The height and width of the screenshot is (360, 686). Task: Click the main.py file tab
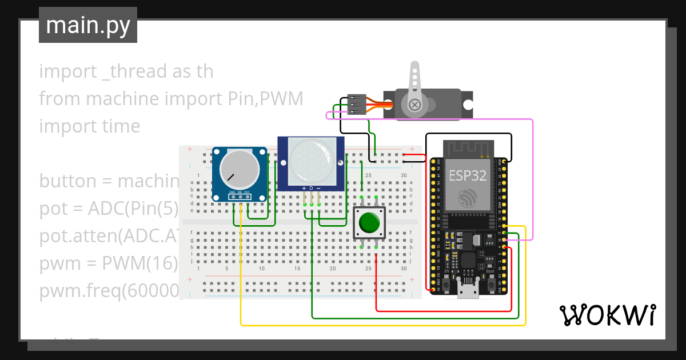click(87, 25)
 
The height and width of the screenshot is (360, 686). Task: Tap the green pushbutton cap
click(370, 222)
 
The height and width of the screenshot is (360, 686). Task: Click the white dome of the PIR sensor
click(311, 159)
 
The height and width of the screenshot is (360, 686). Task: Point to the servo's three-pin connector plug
click(355, 105)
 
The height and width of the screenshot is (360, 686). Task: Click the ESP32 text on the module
click(467, 175)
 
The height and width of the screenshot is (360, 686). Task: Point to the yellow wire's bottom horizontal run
click(383, 325)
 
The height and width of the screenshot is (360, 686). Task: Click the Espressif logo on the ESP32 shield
click(467, 198)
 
